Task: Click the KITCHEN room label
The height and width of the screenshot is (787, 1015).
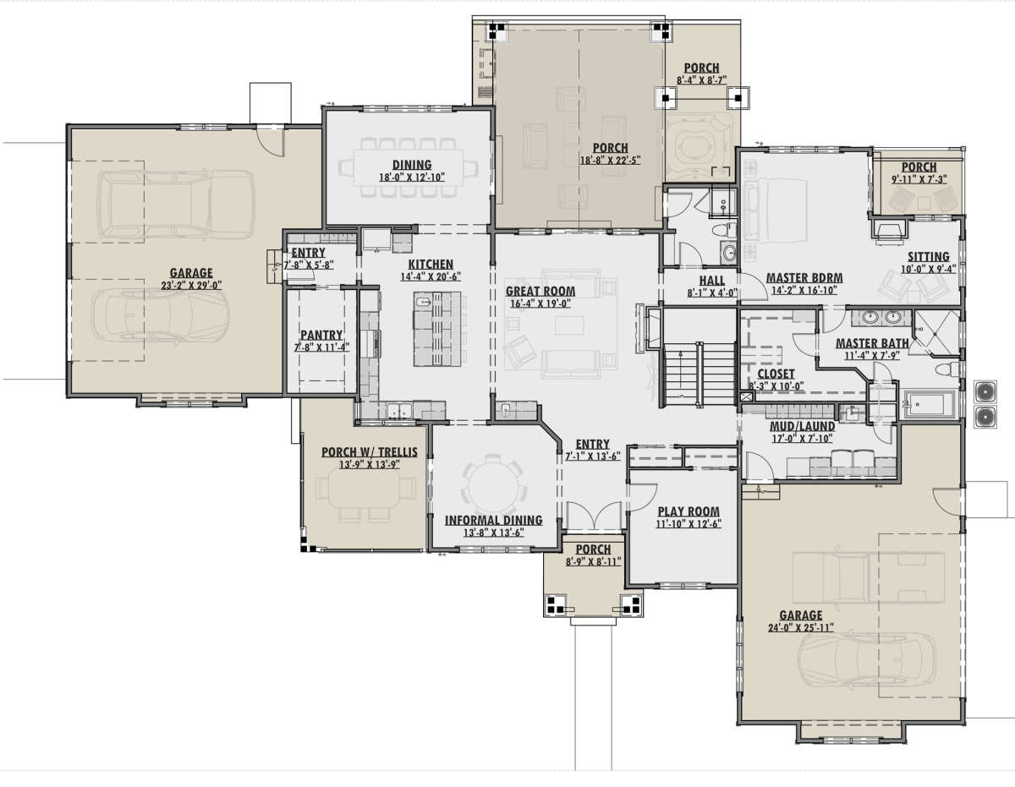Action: [x=431, y=265]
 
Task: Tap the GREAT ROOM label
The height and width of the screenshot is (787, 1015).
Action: [x=540, y=292]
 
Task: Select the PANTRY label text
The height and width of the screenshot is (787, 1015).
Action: [x=321, y=335]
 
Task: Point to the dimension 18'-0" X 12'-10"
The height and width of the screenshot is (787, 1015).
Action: [x=412, y=178]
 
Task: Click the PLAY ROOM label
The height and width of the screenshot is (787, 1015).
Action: [x=689, y=511]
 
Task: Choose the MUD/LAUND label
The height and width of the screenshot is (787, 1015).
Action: [x=802, y=426]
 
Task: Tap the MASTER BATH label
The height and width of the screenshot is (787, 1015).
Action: [x=872, y=343]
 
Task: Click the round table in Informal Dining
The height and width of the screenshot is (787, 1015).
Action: [x=492, y=485]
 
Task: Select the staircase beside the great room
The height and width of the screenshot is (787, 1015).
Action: [x=700, y=374]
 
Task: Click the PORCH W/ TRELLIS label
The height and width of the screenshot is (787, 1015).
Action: [x=370, y=452]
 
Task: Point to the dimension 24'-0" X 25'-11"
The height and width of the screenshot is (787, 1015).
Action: [x=801, y=628]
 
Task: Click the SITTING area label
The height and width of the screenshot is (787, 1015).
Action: [x=928, y=257]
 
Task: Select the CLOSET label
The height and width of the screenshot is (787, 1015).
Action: [x=776, y=374]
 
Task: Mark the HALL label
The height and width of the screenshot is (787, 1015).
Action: [x=712, y=281]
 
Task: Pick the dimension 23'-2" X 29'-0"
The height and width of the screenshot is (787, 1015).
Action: [x=191, y=285]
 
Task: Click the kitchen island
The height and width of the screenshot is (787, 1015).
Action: [x=437, y=329]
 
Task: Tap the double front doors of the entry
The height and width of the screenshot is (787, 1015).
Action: [x=594, y=516]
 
